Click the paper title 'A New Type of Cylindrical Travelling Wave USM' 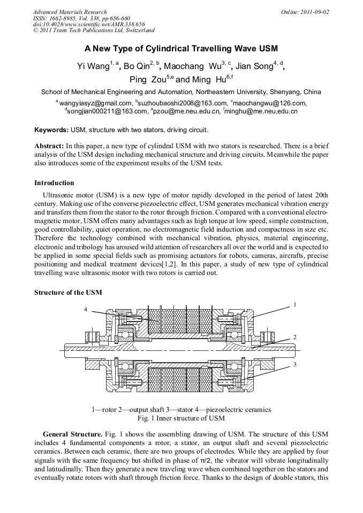(x=181, y=49)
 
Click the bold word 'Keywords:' (x=51, y=130)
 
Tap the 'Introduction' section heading (x=54, y=183)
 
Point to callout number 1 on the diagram (x=294, y=304)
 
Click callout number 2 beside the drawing (x=294, y=337)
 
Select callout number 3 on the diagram (x=294, y=364)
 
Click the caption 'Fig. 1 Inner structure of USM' (x=181, y=418)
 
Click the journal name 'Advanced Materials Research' (x=70, y=12)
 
